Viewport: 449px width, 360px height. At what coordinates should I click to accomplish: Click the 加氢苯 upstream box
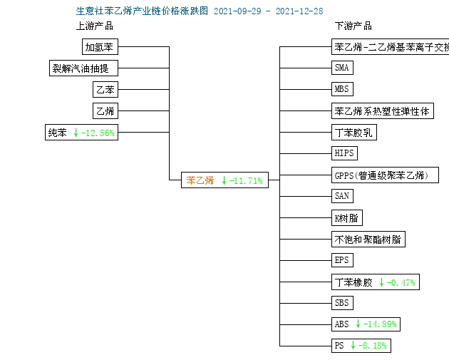point(100,46)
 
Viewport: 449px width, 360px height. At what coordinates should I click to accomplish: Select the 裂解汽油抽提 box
point(83,68)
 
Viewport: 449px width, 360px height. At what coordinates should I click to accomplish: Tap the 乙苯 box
point(105,89)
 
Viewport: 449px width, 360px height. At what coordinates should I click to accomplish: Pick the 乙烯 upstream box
point(105,110)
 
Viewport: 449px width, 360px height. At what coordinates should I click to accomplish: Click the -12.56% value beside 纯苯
point(98,133)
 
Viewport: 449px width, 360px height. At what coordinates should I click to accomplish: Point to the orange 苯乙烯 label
point(200,180)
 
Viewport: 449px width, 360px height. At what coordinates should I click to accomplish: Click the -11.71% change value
point(246,181)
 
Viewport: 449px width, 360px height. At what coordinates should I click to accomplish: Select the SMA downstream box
point(342,68)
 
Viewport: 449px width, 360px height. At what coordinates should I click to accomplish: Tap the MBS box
point(342,89)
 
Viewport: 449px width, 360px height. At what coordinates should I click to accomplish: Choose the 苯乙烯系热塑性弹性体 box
point(383,110)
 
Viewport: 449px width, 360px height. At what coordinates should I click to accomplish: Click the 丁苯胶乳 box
point(354,133)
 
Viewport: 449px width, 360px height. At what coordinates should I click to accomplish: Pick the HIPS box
point(344,153)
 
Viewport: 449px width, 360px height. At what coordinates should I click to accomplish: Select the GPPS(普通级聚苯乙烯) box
point(385,175)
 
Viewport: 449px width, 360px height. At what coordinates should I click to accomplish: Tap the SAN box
point(342,196)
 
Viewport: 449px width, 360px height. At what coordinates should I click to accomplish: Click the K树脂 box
point(347,218)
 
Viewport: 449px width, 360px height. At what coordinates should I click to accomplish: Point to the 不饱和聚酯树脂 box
point(368,239)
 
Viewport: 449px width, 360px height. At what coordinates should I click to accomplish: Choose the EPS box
point(342,260)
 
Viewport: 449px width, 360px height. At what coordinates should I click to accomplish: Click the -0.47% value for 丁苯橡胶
point(401,283)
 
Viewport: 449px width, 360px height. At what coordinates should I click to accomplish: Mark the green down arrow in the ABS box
point(358,324)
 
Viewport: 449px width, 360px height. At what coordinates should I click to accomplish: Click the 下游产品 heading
point(353,26)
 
